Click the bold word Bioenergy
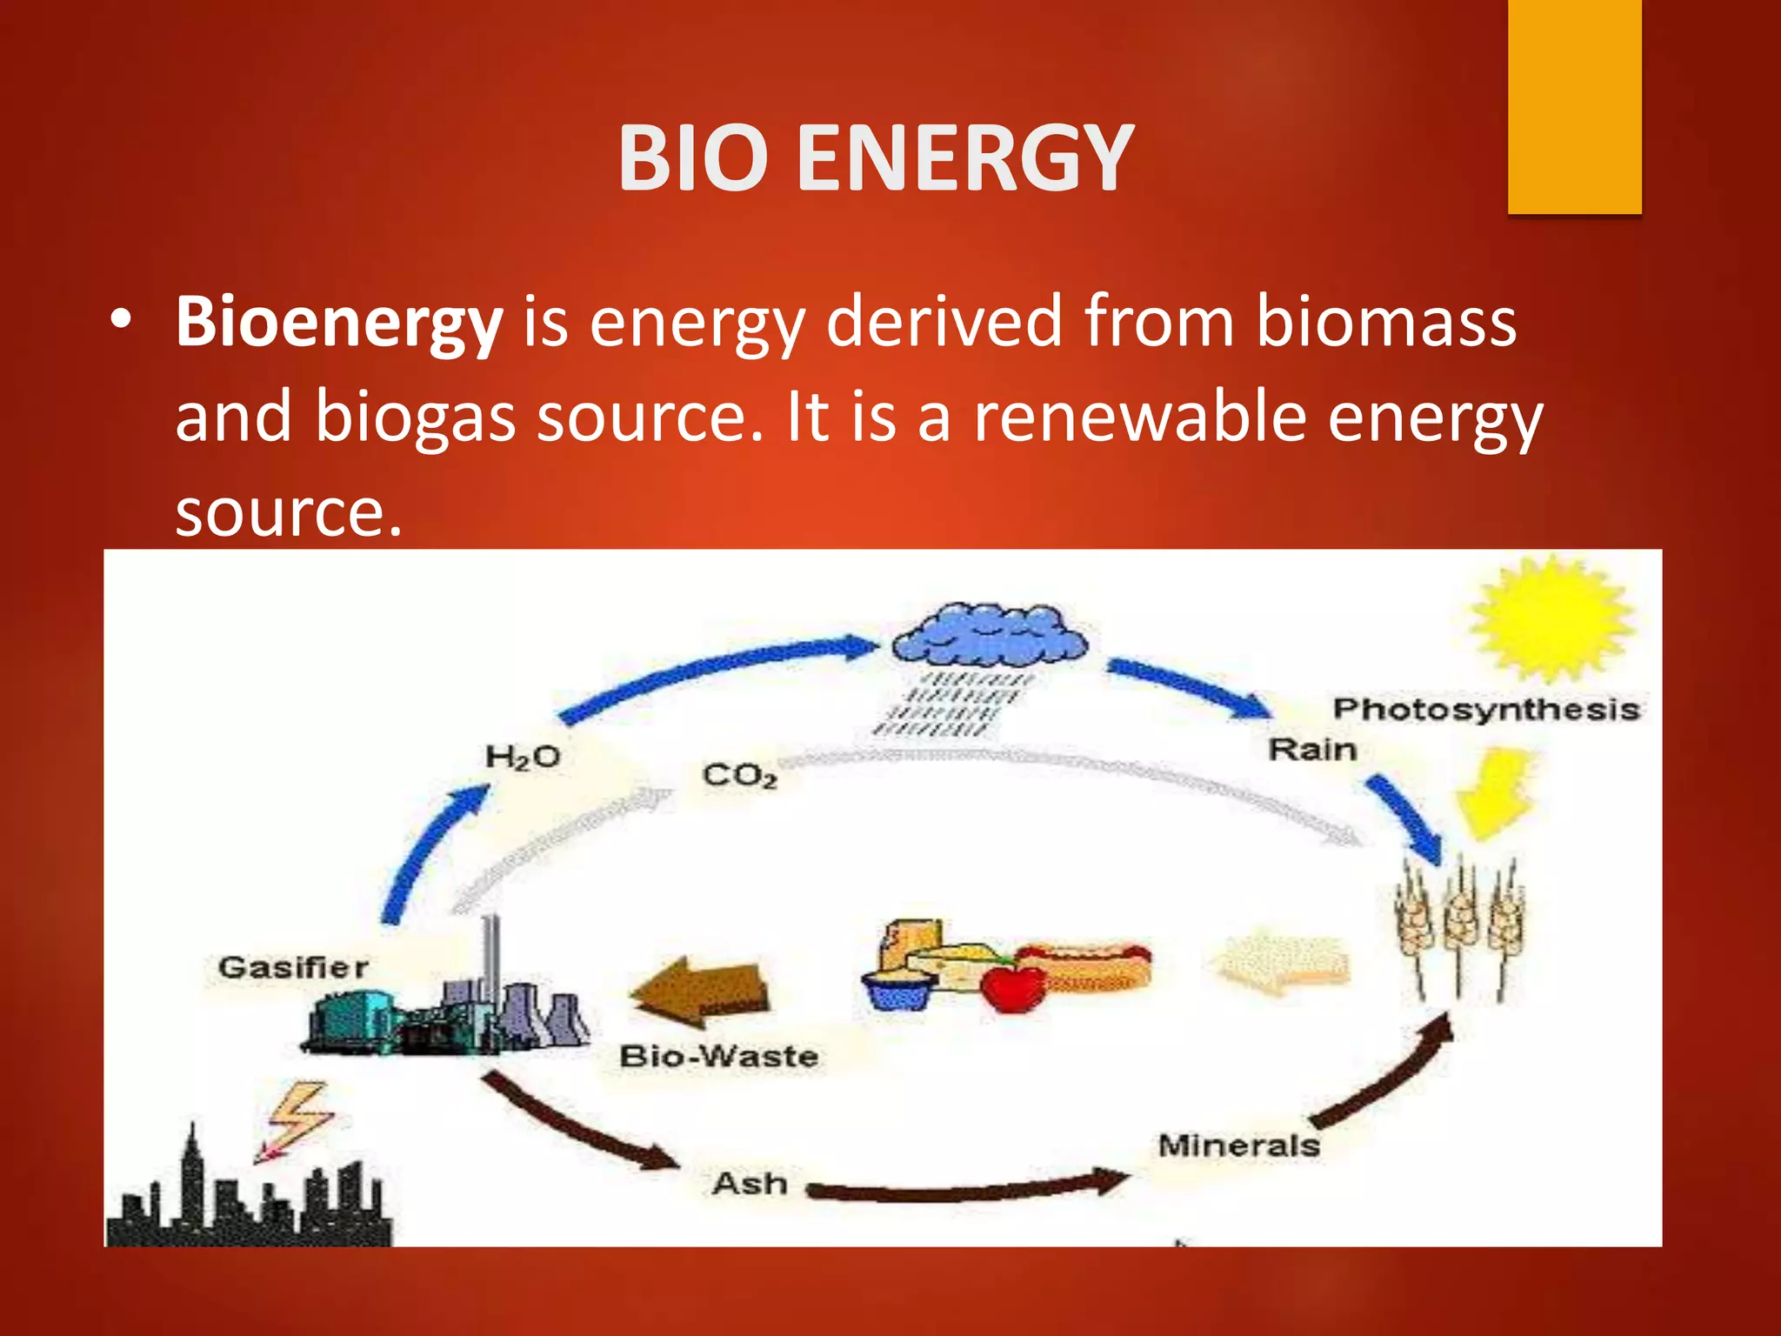point(339,322)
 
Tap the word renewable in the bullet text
point(1140,417)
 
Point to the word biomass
point(1386,322)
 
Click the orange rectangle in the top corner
point(1574,106)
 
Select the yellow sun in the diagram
point(1551,618)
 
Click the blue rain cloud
point(991,636)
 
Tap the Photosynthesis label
point(1485,709)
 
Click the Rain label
point(1312,749)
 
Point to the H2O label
point(522,757)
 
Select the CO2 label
point(739,774)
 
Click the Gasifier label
point(293,967)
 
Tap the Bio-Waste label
point(718,1056)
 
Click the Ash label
point(750,1184)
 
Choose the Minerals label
point(1238,1146)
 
